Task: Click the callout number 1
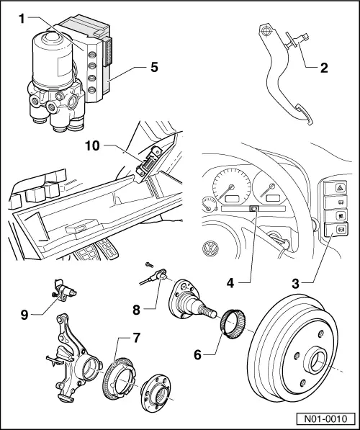click(x=22, y=19)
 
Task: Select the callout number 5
click(x=154, y=67)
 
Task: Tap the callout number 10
click(x=92, y=145)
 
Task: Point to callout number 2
click(x=324, y=68)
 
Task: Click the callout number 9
click(x=24, y=315)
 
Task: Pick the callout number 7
click(x=137, y=338)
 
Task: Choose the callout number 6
click(x=198, y=354)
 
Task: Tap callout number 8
click(x=137, y=310)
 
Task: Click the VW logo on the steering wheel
click(x=210, y=248)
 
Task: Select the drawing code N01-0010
click(x=325, y=419)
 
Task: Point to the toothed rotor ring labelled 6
click(x=233, y=324)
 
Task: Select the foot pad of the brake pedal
click(x=305, y=114)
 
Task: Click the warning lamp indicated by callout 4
click(x=254, y=209)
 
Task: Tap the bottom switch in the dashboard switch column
click(x=336, y=230)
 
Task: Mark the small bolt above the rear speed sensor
click(x=149, y=264)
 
